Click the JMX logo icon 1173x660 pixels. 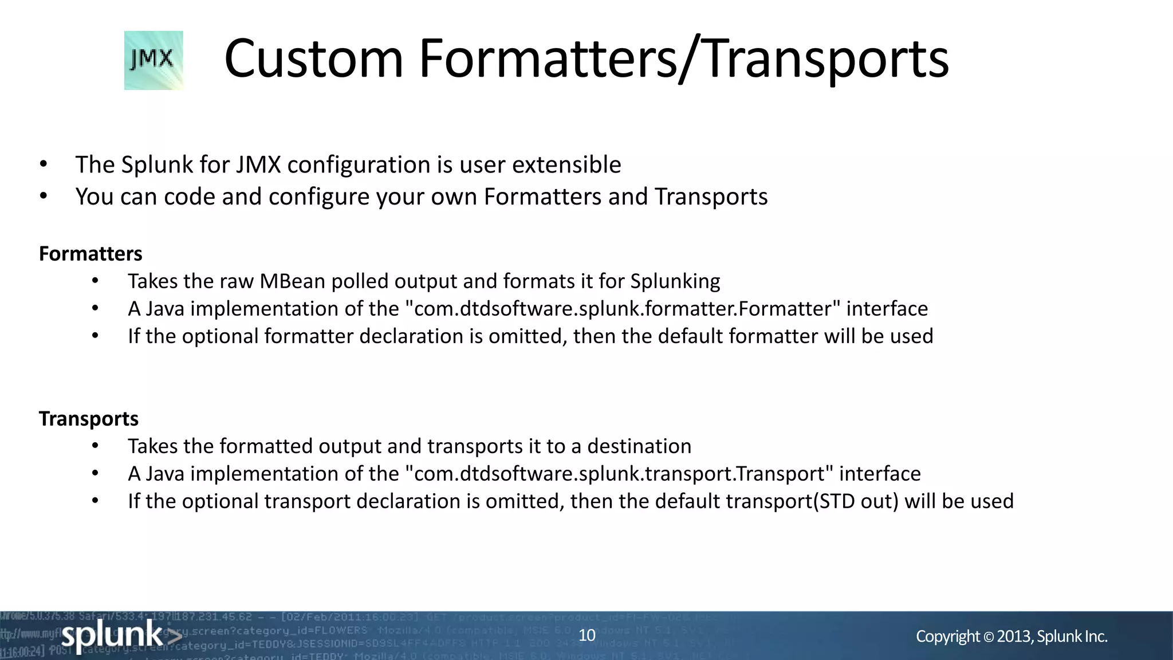tap(153, 60)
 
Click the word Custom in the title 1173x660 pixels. tap(313, 58)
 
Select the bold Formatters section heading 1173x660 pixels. tap(90, 254)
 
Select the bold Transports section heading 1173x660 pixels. tap(89, 419)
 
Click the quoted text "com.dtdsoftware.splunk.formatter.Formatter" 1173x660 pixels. tap(623, 309)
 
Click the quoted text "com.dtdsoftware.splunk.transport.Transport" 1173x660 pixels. tap(619, 474)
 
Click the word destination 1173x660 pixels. tap(639, 446)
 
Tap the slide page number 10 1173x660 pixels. tap(587, 635)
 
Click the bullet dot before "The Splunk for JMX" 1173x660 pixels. tap(44, 165)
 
